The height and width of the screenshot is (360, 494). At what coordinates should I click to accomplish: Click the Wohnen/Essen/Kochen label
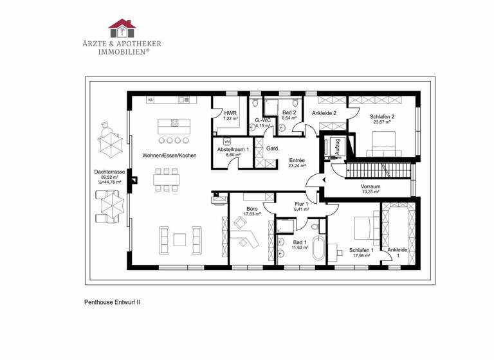tap(169, 155)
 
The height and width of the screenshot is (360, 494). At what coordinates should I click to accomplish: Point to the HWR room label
tap(230, 113)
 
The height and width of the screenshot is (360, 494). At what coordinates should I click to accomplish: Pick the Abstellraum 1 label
tap(232, 148)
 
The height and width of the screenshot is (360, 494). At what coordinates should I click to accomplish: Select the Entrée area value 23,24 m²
tap(297, 165)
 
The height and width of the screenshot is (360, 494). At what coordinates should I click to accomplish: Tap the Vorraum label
tap(370, 186)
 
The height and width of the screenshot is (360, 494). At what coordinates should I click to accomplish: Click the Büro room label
tap(252, 209)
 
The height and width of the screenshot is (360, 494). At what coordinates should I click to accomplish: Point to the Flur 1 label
tap(301, 204)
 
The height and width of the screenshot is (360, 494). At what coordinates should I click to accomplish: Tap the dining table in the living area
tap(166, 179)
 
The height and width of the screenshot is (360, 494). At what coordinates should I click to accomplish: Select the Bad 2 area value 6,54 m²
tap(289, 118)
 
